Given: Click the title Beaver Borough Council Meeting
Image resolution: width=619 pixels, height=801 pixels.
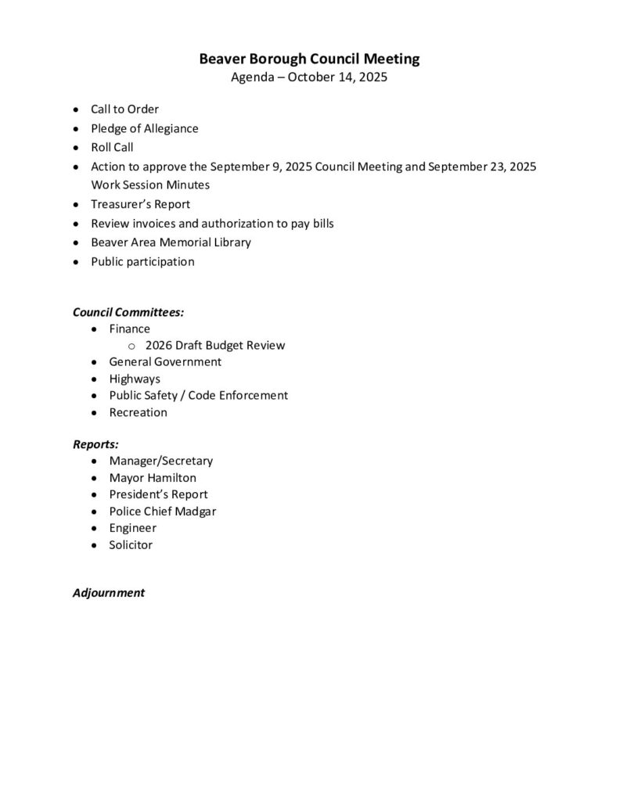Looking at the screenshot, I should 309,59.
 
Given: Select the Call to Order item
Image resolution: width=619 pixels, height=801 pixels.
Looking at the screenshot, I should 124,110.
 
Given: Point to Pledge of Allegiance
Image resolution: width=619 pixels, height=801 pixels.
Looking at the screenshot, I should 144,128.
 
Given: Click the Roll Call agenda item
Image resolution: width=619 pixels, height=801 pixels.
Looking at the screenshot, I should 112,147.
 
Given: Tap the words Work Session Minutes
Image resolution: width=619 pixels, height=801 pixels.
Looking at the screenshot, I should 149,185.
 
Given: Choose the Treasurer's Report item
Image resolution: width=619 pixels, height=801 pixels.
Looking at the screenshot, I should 140,204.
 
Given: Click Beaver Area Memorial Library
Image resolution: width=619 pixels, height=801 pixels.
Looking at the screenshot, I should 171,242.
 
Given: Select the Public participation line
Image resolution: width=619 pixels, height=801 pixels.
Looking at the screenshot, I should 142,261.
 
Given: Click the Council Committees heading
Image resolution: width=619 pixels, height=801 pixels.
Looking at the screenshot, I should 128,311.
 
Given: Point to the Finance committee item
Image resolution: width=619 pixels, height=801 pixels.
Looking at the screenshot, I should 129,329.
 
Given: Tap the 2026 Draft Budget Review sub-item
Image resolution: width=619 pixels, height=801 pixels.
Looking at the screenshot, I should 214,345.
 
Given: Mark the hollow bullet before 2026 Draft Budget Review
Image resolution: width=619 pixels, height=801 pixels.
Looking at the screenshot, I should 131,346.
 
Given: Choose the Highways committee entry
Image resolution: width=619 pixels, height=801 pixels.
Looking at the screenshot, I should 135,379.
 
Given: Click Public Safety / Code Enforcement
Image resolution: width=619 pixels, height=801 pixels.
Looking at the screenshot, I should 198,395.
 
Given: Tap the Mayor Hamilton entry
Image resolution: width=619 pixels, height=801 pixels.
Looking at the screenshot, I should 153,477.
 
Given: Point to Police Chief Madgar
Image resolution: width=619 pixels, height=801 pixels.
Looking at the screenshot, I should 162,511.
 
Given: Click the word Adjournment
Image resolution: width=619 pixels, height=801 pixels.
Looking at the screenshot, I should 109,592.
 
